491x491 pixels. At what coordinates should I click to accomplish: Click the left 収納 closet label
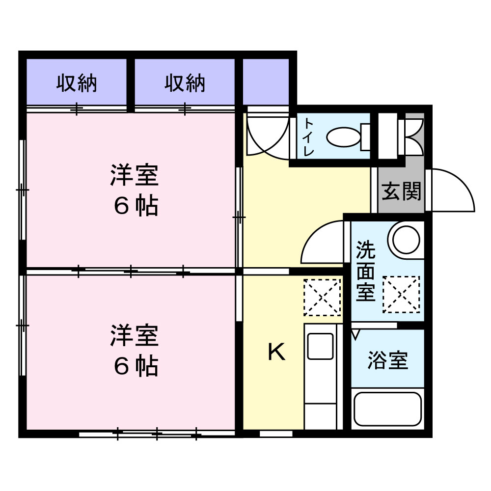point(76,83)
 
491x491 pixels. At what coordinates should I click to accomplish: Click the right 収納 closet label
point(185,83)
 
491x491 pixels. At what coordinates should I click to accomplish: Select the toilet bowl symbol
point(344,136)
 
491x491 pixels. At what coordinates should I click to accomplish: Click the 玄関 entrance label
point(402,191)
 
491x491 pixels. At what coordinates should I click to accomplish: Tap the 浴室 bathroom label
point(388,361)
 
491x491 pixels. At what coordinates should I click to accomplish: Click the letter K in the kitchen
point(276,352)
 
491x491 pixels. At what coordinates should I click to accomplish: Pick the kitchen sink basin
point(320,347)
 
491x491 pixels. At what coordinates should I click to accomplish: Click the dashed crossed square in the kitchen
point(322,297)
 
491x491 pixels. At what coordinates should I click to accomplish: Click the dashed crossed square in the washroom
point(401,294)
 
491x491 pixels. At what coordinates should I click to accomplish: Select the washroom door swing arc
point(322,243)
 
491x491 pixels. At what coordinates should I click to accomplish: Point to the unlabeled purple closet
point(266,82)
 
